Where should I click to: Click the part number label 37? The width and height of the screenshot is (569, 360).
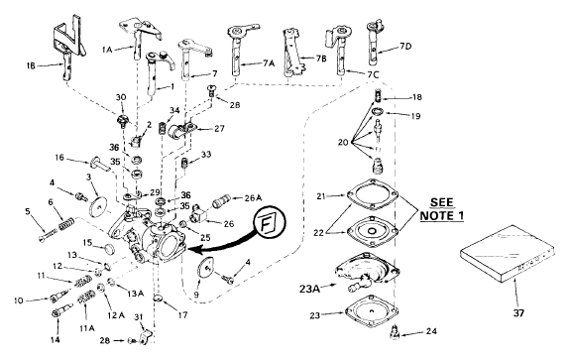coord(518,312)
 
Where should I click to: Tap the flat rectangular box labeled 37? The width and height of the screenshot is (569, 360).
coord(508,254)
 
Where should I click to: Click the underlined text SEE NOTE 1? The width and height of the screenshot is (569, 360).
coord(442,209)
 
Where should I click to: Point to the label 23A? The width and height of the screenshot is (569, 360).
coord(309,289)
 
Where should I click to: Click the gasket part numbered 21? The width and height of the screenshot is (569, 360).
coord(372,194)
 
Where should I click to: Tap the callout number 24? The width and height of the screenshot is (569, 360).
coord(431,331)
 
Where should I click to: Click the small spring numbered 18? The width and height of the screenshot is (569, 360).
coord(379,96)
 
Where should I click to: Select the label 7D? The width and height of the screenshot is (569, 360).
coord(405,46)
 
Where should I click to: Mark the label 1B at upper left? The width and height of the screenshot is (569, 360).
coord(31,65)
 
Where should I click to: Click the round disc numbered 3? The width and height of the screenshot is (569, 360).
coord(97,205)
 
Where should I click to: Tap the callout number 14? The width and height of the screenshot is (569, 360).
coord(56,340)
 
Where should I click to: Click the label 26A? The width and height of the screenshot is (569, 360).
coord(253,198)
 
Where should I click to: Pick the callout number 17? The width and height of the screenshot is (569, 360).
coord(182,315)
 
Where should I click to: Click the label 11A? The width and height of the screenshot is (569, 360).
coord(87,328)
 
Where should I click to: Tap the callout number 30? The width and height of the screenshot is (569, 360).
coord(121,97)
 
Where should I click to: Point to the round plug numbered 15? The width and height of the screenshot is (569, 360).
coord(108,249)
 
